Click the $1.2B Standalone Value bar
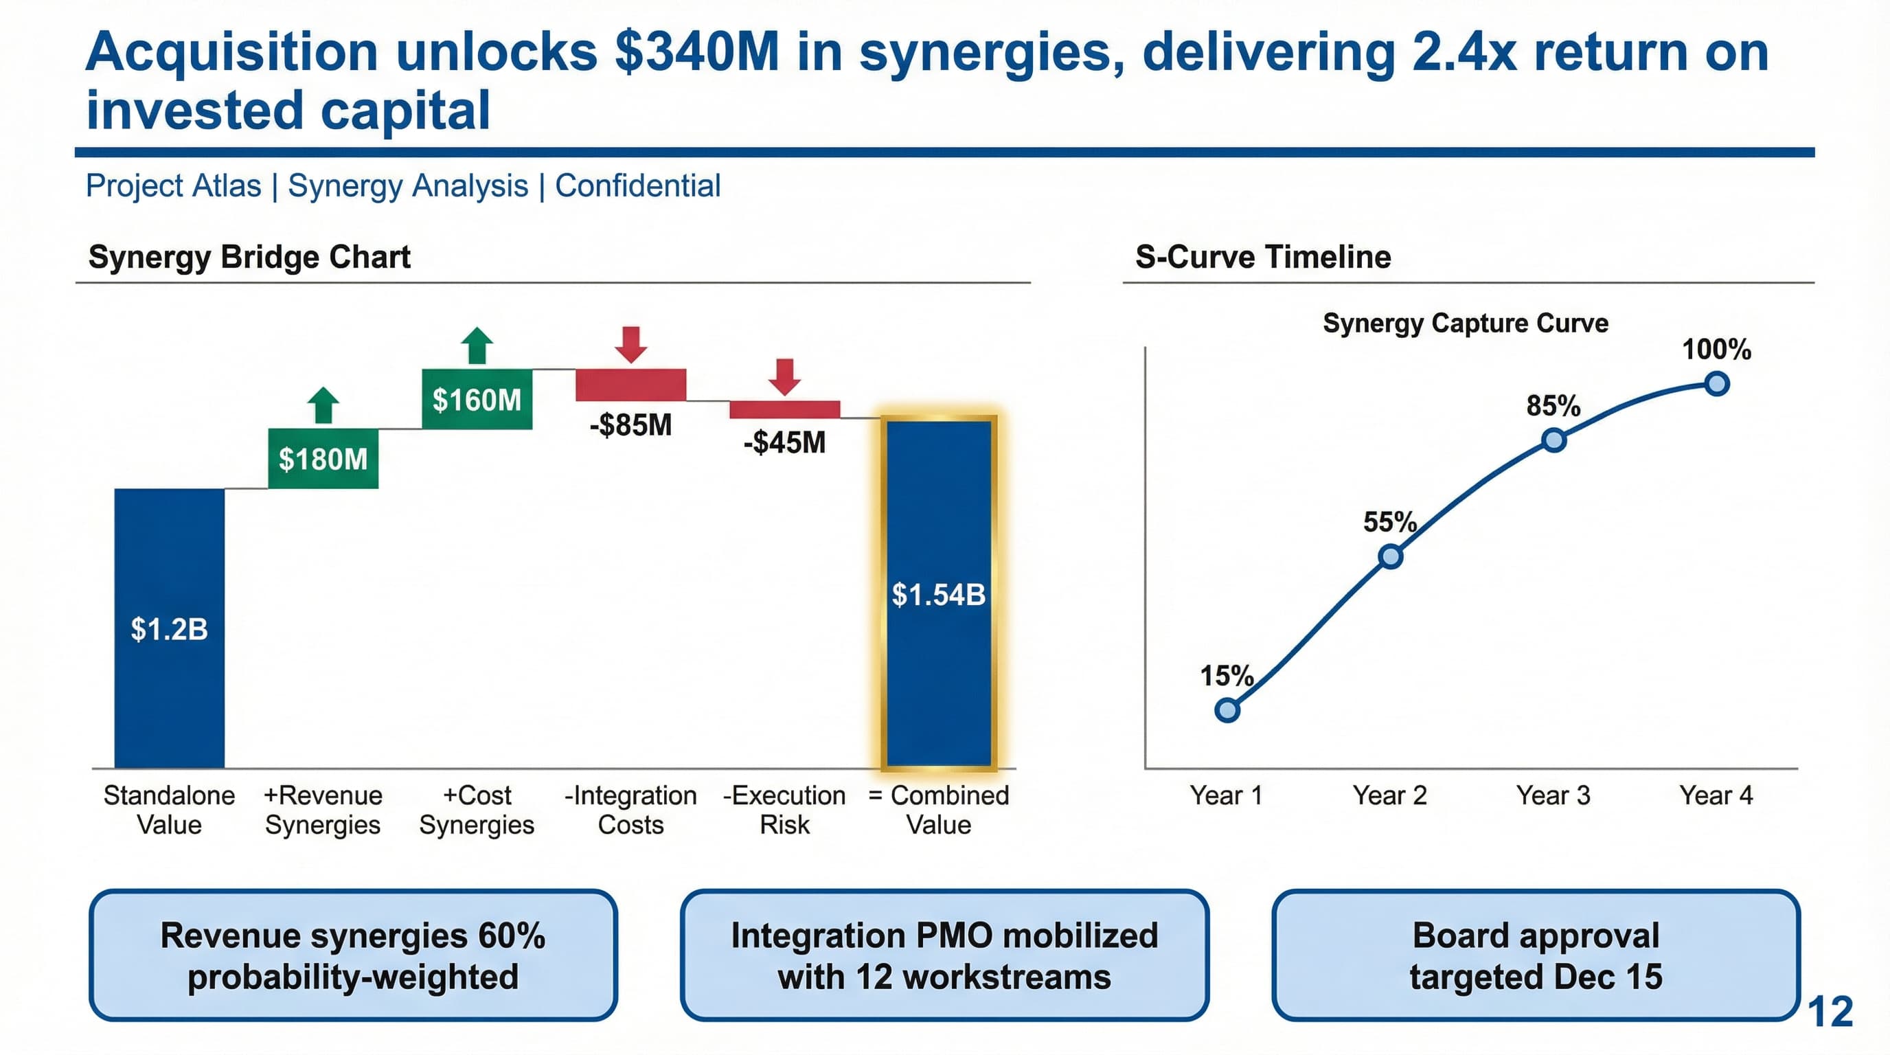click(169, 628)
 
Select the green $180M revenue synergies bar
click(323, 459)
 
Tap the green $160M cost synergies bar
click(477, 399)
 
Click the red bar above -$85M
click(630, 385)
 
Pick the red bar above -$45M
click(784, 409)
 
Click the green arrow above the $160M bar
click(477, 345)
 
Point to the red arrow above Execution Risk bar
click(784, 376)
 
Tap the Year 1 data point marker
click(1227, 710)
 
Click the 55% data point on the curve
click(1390, 557)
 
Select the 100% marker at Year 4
click(1717, 384)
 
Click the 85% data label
click(1553, 406)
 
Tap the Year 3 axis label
click(1553, 795)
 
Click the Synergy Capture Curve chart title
click(1465, 323)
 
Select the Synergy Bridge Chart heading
click(249, 257)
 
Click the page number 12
click(1830, 1012)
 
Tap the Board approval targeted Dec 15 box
click(1536, 955)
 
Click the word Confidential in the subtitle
click(637, 185)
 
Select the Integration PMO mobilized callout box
click(944, 955)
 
